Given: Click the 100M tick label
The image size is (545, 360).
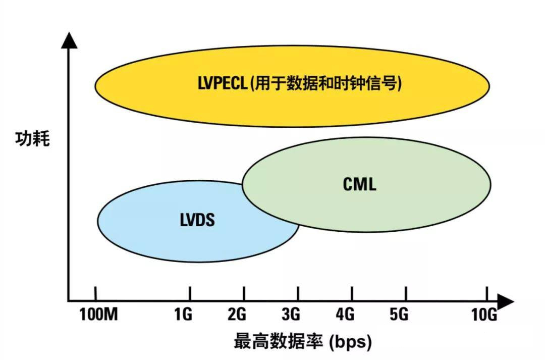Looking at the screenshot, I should click(98, 315).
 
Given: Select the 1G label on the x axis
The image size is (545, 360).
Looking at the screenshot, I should click(183, 315).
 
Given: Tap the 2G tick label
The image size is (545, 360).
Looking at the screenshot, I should click(237, 315).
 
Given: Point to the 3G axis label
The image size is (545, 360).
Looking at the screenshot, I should click(291, 315).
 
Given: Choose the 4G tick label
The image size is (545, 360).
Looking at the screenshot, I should click(345, 315).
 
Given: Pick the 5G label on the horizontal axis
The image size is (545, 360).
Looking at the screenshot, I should click(399, 315).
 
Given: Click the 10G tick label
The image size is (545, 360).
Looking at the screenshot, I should click(484, 315).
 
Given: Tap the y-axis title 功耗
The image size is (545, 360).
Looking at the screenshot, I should click(32, 138).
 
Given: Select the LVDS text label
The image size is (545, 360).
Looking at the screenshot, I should click(197, 221).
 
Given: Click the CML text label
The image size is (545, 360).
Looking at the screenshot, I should click(360, 184).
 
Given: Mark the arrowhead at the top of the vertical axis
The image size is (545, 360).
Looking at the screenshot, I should click(69, 40).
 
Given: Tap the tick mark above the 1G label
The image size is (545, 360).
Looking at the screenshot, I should click(190, 294).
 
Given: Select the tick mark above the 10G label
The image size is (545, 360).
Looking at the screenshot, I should click(486, 294).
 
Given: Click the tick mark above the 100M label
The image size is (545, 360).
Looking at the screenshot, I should click(95, 294).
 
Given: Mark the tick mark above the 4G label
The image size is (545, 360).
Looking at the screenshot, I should click(352, 294).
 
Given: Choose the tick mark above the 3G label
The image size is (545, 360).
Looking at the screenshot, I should click(298, 294).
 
